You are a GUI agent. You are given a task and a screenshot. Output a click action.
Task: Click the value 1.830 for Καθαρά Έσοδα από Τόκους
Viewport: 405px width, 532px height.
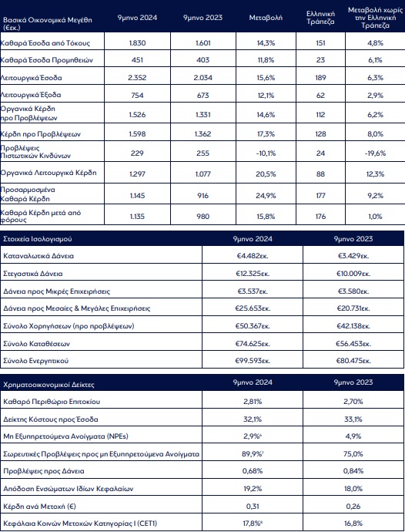tap(137, 43)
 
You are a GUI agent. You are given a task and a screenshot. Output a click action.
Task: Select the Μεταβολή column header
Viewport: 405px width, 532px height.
tap(266, 18)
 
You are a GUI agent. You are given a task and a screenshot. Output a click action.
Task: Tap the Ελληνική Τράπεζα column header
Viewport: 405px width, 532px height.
tap(320, 18)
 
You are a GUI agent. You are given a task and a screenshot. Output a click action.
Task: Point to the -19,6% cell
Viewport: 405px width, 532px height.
tap(375, 153)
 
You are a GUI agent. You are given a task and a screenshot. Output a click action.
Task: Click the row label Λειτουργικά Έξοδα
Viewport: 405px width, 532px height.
tap(31, 95)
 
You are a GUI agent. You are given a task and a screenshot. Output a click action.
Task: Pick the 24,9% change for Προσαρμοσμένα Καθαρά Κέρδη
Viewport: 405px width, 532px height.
tap(266, 196)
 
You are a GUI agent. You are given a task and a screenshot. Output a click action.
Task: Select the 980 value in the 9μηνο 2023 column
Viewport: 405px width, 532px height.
tap(203, 217)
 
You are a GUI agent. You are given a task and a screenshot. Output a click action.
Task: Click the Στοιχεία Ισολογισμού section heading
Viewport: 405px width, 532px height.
tap(38, 239)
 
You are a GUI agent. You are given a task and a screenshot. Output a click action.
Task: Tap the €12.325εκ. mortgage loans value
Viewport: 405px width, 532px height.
tap(253, 274)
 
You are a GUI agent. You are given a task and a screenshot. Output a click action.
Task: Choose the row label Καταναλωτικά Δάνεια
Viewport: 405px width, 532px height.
tap(38, 256)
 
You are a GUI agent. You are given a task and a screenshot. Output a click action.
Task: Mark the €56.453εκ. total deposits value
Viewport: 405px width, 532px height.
tap(353, 344)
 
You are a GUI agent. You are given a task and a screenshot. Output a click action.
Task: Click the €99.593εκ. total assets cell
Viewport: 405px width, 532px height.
tap(253, 361)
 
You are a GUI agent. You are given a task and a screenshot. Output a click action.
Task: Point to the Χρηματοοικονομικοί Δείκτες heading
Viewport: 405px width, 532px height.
tap(49, 385)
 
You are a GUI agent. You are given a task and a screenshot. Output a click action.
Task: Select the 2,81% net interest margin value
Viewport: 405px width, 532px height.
tap(253, 402)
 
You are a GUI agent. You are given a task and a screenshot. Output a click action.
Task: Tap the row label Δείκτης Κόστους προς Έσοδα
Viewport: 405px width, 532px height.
tap(51, 419)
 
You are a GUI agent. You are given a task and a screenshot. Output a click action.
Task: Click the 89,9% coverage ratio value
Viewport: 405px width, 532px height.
tap(253, 453)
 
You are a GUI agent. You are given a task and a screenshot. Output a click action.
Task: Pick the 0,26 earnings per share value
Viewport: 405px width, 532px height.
tap(353, 507)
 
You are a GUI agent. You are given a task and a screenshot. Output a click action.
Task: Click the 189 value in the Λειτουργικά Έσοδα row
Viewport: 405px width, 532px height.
tap(320, 78)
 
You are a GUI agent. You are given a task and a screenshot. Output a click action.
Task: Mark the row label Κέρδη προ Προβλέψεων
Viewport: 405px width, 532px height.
tap(41, 134)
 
